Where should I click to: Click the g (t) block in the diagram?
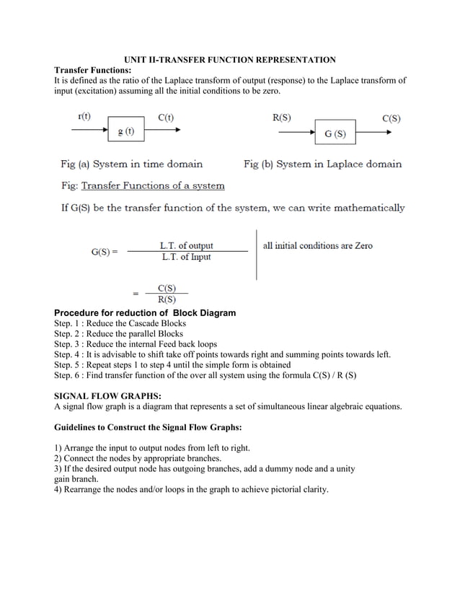(125, 131)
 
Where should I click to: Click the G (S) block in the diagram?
(335, 133)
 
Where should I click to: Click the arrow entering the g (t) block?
(89, 130)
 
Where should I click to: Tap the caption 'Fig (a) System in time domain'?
(131, 164)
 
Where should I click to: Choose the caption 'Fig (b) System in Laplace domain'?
(322, 164)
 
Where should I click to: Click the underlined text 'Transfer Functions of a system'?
(152, 185)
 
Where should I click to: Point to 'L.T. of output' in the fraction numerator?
(186, 245)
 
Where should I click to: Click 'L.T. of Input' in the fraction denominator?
(185, 257)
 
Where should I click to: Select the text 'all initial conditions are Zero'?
(317, 245)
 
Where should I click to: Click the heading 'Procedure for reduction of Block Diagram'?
(145, 312)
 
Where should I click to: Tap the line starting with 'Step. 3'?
(136, 344)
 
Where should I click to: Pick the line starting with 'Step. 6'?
(205, 375)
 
